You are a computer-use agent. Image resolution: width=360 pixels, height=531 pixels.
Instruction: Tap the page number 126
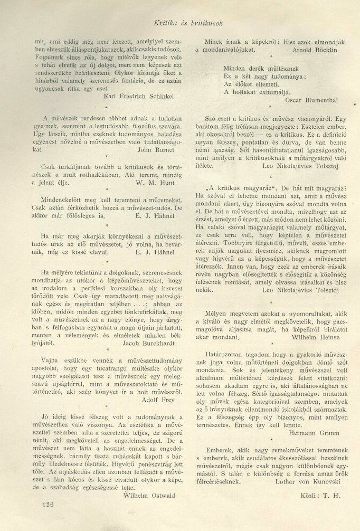[x=46, y=504]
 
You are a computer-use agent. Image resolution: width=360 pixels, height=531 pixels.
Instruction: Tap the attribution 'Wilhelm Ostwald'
[x=150, y=481]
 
